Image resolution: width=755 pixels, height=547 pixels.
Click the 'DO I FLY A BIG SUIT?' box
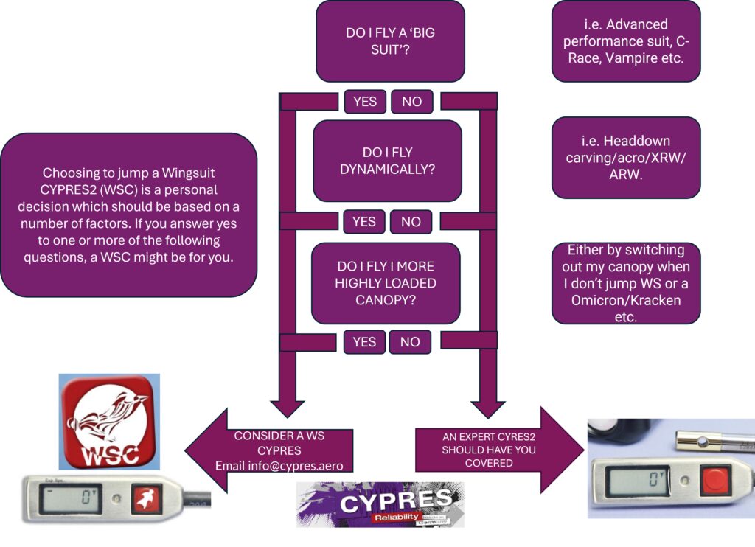[390, 41]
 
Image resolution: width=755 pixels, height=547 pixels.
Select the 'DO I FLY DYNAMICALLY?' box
[387, 161]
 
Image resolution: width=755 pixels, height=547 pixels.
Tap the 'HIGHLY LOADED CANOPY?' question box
[386, 282]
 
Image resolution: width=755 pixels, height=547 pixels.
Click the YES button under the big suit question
[365, 102]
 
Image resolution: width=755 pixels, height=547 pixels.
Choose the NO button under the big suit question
[411, 102]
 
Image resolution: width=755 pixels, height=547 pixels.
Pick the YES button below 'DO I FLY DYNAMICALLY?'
[363, 221]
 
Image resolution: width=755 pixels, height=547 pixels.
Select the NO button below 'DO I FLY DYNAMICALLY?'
[411, 221]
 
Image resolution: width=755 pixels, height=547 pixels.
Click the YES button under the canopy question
[364, 341]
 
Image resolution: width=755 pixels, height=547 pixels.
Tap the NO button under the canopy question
[410, 341]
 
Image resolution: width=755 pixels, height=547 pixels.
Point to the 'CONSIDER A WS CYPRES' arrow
[273, 450]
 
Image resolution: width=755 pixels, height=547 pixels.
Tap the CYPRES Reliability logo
[380, 505]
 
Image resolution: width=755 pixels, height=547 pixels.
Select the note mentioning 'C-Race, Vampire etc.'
[625, 41]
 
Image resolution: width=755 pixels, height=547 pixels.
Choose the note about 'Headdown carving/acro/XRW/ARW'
[625, 158]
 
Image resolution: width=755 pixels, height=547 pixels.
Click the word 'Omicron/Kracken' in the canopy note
[625, 300]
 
